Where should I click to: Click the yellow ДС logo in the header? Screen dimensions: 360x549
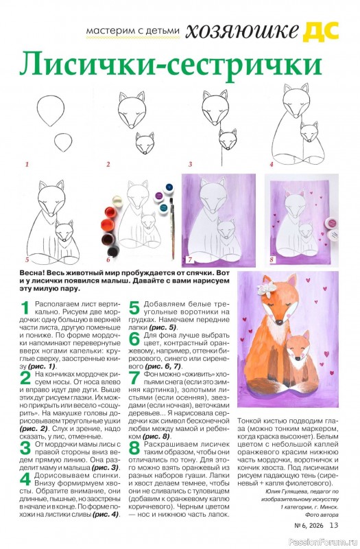click(321, 30)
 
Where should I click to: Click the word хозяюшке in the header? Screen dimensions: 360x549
click(242, 31)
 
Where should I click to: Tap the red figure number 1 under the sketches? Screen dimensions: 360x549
click(27, 164)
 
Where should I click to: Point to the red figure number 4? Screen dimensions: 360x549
click(271, 164)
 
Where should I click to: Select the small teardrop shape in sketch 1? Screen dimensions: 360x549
click(63, 142)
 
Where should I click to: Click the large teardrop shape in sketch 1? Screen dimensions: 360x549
click(51, 110)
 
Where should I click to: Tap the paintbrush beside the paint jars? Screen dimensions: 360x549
click(172, 228)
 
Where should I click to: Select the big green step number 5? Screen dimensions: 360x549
click(134, 307)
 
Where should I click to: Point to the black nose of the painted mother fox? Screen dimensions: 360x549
click(279, 321)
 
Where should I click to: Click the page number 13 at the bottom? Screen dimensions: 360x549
click(334, 525)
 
